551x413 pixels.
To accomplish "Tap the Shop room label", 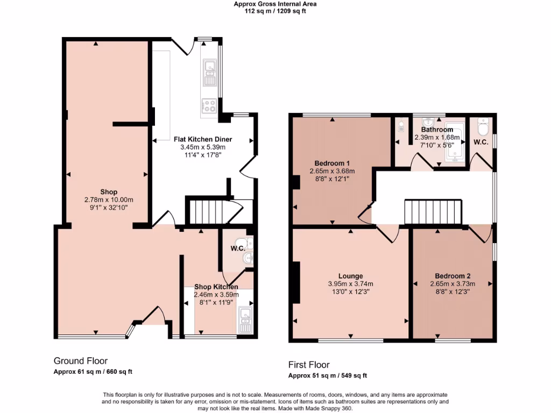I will [x=109, y=192].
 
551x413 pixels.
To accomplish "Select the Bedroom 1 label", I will [x=332, y=163].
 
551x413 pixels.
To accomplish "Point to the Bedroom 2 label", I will [x=453, y=276].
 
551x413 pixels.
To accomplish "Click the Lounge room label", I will [x=350, y=276].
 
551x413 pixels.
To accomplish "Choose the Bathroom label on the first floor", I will [x=437, y=130].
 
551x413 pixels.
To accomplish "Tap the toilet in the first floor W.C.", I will [x=483, y=129].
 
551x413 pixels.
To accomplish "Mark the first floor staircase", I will [x=433, y=212].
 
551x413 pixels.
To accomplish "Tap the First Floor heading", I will [x=309, y=365].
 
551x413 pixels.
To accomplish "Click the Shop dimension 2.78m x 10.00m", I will [x=109, y=200].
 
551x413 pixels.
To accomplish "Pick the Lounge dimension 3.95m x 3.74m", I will [x=350, y=284].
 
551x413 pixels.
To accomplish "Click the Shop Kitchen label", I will [x=216, y=287].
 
